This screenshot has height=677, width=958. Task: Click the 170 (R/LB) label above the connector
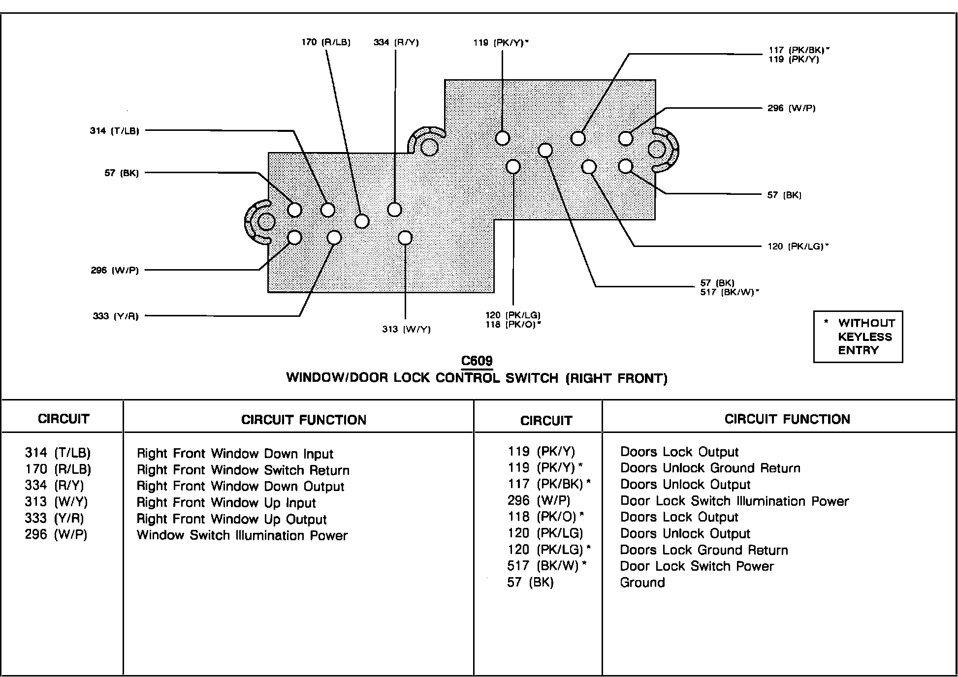326,42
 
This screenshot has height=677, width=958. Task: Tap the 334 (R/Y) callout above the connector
396,42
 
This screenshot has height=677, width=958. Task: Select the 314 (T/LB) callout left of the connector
115,131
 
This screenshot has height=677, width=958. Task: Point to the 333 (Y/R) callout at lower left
116,316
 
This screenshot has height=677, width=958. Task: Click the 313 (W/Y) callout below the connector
406,329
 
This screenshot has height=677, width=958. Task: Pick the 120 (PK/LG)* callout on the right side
798,246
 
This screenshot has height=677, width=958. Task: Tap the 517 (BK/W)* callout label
730,292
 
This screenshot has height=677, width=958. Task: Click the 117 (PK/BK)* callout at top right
799,50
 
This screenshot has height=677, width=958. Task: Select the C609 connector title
477,361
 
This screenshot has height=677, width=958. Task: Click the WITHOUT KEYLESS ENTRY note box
858,337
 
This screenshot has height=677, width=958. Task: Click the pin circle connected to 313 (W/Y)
405,238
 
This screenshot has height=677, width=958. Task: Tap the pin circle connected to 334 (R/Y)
395,210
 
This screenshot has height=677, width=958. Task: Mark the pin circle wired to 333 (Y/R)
334,238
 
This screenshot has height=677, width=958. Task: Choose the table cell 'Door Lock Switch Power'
697,566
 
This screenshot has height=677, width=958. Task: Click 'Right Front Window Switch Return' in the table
243,470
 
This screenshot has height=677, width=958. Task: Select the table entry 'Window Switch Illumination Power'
242,535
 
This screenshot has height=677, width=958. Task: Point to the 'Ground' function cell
642,583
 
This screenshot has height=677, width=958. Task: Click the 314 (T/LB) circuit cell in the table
58,453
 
